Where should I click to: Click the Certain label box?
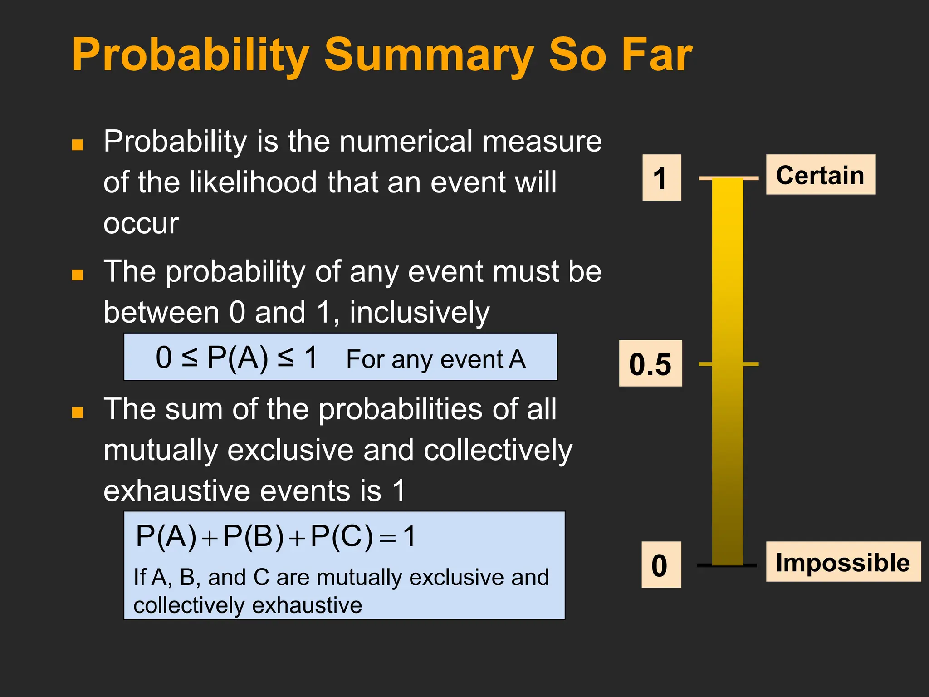[x=820, y=175]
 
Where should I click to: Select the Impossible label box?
[x=843, y=562]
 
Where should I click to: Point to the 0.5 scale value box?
[x=650, y=363]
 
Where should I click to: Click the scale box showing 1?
[x=661, y=177]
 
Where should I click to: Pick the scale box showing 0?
[x=661, y=564]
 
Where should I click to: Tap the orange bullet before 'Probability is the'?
[x=78, y=145]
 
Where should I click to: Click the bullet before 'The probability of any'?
[x=78, y=275]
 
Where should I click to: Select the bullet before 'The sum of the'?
[x=78, y=412]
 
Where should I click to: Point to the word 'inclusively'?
[x=419, y=313]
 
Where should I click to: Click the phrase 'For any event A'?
[x=435, y=359]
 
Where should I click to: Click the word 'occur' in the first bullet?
[x=141, y=224]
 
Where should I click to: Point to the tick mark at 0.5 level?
[x=751, y=364]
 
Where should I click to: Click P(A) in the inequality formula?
[x=237, y=358]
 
